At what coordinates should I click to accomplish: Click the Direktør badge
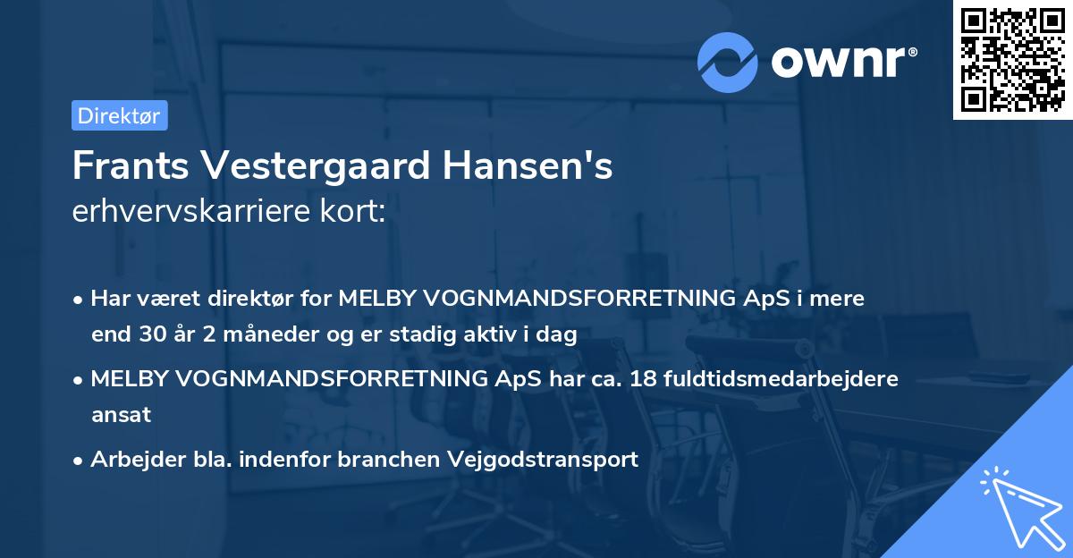point(119,115)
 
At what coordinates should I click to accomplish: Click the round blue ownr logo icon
point(727,62)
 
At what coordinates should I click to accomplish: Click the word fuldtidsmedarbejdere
point(768,378)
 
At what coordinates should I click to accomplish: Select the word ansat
point(121,415)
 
